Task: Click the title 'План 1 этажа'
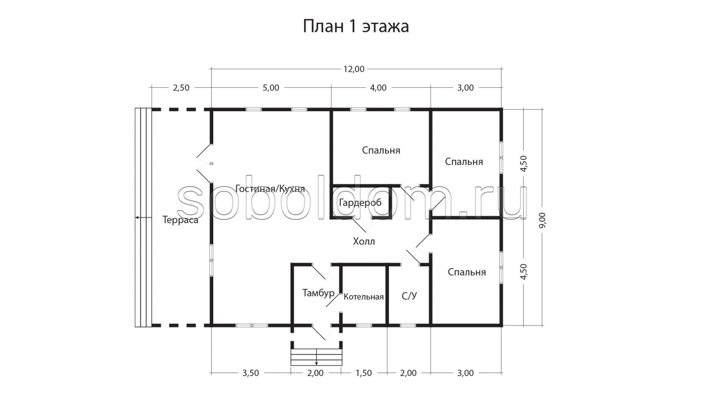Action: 356,26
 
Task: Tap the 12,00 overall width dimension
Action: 354,69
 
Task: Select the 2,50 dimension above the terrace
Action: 181,88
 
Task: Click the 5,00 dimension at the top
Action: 270,88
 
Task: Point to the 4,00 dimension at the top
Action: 378,88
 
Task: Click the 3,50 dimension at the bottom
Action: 250,373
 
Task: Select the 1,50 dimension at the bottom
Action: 364,373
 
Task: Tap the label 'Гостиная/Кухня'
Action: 270,189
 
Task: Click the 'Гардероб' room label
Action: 360,203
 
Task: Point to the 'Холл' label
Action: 364,242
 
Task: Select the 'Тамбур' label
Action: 318,293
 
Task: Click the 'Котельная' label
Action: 364,297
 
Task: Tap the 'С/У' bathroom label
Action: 409,296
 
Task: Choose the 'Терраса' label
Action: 180,220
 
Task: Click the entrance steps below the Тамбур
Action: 317,356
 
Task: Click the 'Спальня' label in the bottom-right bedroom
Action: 466,272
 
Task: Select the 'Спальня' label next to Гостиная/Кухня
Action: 381,151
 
